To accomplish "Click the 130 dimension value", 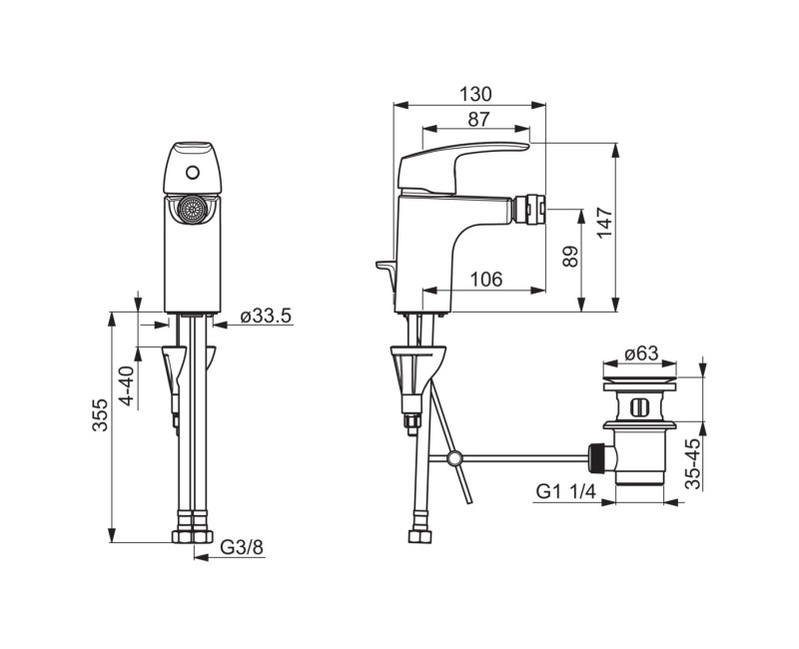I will (476, 94).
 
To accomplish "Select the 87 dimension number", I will (477, 119).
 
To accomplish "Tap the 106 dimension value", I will (485, 280).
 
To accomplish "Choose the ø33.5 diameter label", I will (265, 318).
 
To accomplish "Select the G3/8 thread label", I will (240, 547).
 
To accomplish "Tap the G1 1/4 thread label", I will (565, 491).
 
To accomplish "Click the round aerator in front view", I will (192, 211).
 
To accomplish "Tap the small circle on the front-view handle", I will (192, 171).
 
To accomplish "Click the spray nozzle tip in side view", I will (528, 209).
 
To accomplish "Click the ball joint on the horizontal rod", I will (454, 459).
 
